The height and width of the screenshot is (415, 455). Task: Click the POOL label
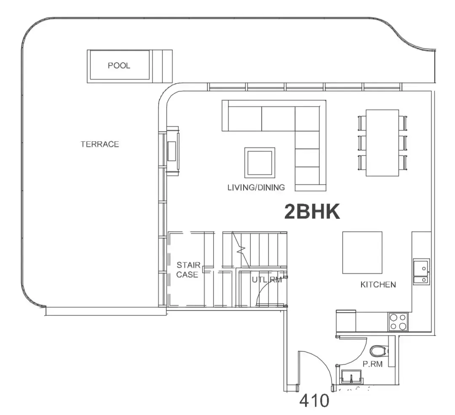(x=119, y=66)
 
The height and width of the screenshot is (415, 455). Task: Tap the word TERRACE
(x=100, y=144)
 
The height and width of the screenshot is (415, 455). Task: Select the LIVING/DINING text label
(x=256, y=187)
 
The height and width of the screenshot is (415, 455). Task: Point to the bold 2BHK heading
(x=312, y=211)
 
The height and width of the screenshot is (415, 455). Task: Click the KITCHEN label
(x=378, y=285)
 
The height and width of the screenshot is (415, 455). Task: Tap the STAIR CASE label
(x=188, y=269)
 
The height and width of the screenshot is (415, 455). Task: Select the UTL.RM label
(x=267, y=279)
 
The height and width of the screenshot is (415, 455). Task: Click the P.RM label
(x=372, y=364)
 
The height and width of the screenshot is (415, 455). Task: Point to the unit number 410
(x=314, y=401)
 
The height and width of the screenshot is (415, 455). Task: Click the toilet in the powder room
(x=379, y=351)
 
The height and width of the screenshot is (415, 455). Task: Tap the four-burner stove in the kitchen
(x=398, y=322)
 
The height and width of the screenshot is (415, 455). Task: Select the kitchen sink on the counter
(x=421, y=272)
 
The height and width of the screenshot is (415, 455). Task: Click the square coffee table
(x=260, y=162)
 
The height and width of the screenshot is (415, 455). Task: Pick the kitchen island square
(x=362, y=253)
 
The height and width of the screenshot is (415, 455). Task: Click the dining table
(x=382, y=143)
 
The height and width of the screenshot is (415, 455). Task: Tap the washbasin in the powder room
(x=351, y=377)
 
